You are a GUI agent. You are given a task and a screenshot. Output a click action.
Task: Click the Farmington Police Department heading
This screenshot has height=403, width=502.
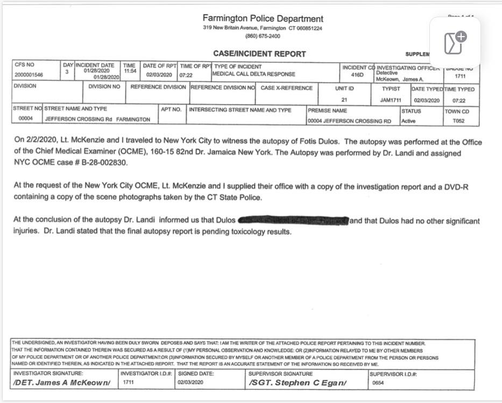pos(263,19)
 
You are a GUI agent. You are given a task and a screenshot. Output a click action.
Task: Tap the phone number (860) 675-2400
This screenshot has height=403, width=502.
pos(263,36)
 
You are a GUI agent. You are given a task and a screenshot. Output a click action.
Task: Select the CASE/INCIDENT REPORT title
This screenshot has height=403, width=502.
pos(259,54)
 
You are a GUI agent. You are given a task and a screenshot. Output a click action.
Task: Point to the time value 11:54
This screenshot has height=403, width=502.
pos(130,72)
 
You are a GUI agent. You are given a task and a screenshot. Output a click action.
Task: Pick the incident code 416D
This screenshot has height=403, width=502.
pos(357,75)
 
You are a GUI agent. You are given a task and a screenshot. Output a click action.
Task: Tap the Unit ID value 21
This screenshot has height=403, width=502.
pos(344,100)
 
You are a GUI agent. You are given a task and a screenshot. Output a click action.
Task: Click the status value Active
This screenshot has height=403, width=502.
pos(408,121)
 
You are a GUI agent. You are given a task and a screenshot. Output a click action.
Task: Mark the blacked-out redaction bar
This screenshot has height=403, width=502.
pos(293,221)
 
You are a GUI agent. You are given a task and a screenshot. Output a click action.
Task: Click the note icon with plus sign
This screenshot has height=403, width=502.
pos(455,42)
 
